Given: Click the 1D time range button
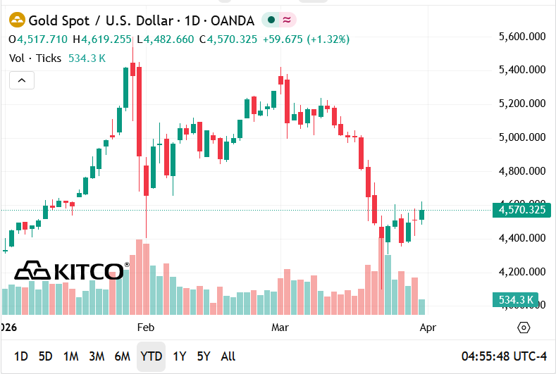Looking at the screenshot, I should pos(21,356).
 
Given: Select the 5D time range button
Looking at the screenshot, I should pos(45,356).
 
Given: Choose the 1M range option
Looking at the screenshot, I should pos(70,356).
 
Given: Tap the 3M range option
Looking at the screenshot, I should pos(97,356).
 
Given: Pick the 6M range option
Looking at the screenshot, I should pos(123,356).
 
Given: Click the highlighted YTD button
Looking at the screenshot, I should pos(151,356).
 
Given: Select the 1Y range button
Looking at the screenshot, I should pos(180,356).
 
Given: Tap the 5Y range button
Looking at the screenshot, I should pos(204,356).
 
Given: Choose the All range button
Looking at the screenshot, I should pos(228,356).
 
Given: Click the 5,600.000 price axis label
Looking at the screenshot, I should pos(522,36).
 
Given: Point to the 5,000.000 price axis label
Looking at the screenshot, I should pos(522,137).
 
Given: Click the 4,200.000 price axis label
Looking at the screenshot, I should pos(522,272).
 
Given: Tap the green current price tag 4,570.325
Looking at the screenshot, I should pos(521,209).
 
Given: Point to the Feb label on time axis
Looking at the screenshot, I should pos(145,328).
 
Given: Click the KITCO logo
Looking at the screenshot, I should pos(70,270).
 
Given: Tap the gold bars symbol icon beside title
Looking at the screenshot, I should pos(17,20).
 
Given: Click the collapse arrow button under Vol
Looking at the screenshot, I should pos(22,81).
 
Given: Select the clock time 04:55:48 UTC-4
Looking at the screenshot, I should pos(504,356).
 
